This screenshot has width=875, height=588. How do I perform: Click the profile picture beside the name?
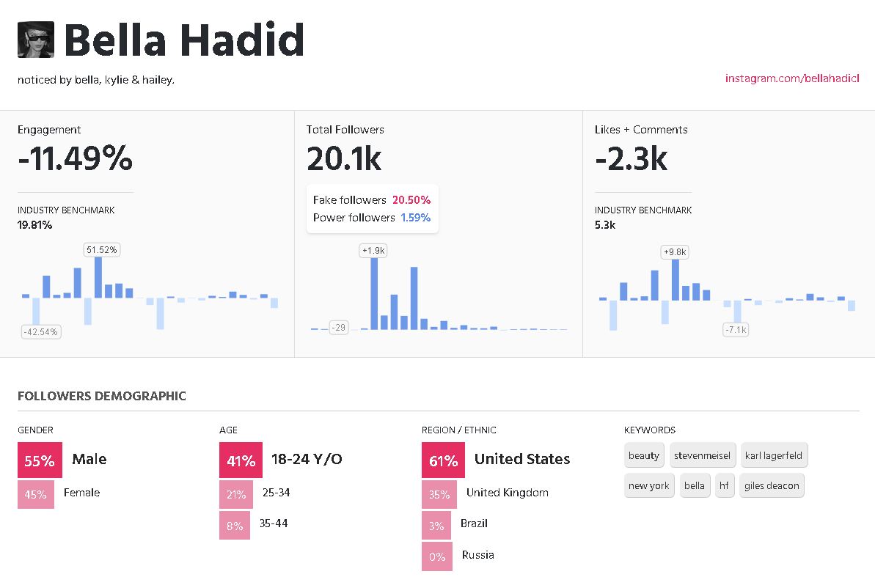pyautogui.click(x=36, y=40)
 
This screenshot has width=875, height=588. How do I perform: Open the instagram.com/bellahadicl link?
pyautogui.click(x=792, y=78)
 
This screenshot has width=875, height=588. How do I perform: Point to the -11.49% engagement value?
pyautogui.click(x=75, y=158)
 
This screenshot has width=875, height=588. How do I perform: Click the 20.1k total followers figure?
pyautogui.click(x=344, y=158)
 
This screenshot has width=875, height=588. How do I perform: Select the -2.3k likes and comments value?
pyautogui.click(x=631, y=158)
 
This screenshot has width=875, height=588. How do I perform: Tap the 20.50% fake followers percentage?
pyautogui.click(x=411, y=200)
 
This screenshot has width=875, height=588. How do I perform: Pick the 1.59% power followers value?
pyautogui.click(x=415, y=218)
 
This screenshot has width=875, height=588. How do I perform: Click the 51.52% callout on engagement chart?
pyautogui.click(x=102, y=250)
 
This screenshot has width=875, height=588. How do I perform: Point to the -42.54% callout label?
pyautogui.click(x=40, y=331)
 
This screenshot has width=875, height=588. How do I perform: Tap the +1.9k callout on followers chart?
pyautogui.click(x=373, y=251)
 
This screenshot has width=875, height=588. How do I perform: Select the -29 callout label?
pyautogui.click(x=338, y=328)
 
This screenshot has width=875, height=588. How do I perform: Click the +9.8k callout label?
pyautogui.click(x=675, y=252)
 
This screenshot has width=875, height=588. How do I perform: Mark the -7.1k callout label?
pyautogui.click(x=736, y=330)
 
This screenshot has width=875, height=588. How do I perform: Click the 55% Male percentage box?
pyautogui.click(x=40, y=460)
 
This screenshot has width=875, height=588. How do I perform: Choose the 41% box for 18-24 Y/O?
pyautogui.click(x=241, y=460)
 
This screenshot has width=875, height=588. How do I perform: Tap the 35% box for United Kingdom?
pyautogui.click(x=439, y=494)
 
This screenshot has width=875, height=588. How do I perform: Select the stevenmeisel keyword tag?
pyautogui.click(x=702, y=455)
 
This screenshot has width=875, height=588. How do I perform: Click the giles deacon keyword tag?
pyautogui.click(x=772, y=485)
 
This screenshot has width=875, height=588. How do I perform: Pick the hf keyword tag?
pyautogui.click(x=725, y=485)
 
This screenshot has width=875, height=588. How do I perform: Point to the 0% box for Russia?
pyautogui.click(x=437, y=556)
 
